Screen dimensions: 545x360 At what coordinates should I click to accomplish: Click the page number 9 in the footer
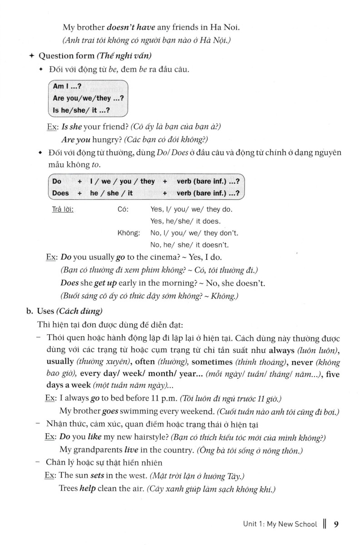click(x=336, y=525)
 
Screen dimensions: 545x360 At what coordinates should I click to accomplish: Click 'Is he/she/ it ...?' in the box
click(x=81, y=109)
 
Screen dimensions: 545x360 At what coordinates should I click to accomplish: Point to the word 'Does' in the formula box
click(x=61, y=193)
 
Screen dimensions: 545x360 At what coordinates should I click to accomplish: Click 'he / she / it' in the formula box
click(x=112, y=193)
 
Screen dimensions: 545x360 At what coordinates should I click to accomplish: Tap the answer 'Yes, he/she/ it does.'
click(x=185, y=221)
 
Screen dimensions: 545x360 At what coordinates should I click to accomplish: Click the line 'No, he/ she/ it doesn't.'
click(x=189, y=245)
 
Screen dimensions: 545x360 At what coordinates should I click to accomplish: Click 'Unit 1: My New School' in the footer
click(x=280, y=525)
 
